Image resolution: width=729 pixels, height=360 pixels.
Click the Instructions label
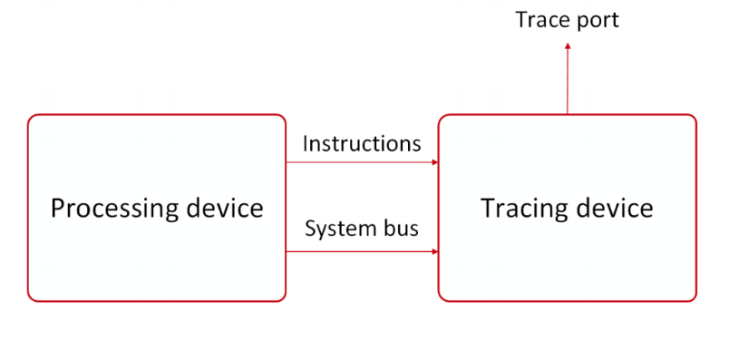(x=362, y=143)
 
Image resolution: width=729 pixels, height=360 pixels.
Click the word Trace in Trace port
(x=540, y=20)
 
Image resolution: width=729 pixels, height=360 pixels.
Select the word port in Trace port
(x=596, y=21)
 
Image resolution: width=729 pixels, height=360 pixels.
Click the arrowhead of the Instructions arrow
(x=435, y=163)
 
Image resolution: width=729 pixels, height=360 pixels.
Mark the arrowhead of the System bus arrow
(x=435, y=252)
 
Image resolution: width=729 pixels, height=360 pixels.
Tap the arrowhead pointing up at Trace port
(x=568, y=45)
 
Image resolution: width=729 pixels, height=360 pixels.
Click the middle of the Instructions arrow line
(x=362, y=163)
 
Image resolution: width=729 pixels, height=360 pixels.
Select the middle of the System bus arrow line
(x=362, y=252)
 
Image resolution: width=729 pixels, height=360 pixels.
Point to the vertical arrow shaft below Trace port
(x=568, y=82)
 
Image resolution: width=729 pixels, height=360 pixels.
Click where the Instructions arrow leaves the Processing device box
(x=287, y=163)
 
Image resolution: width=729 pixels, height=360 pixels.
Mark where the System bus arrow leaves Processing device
(x=287, y=252)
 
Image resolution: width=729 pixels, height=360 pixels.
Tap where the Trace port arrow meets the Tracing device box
(x=568, y=114)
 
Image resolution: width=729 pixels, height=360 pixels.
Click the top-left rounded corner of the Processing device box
(x=32, y=119)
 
